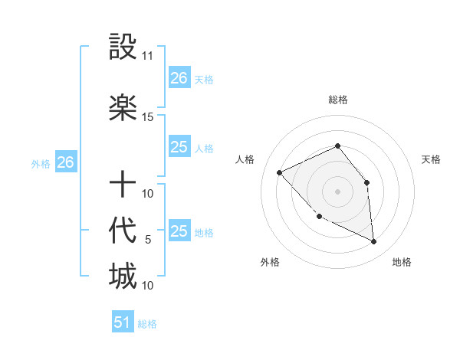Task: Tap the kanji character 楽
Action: (123, 108)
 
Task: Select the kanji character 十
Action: (123, 184)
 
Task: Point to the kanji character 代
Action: (123, 230)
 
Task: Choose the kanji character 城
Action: (123, 276)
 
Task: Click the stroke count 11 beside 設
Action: (148, 56)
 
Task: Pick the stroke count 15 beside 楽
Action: (148, 116)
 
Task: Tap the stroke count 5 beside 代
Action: (148, 239)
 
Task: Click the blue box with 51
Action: (123, 322)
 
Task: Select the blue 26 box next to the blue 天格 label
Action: (179, 77)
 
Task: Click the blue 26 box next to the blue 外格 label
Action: (66, 162)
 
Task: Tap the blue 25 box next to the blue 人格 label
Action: (179, 147)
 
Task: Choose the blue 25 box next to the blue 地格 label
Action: (179, 231)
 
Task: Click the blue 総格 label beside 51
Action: (147, 324)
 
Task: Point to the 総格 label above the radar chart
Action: (337, 100)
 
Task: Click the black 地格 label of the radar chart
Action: (402, 262)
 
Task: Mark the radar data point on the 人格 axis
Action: (280, 173)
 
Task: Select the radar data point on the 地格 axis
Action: (373, 242)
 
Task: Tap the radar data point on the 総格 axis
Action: (337, 146)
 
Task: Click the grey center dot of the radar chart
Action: (337, 191)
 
